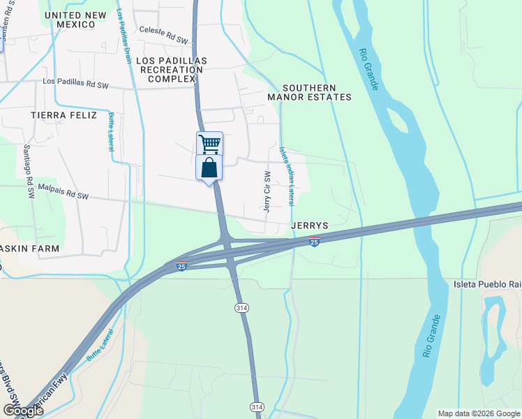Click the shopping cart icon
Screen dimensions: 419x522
point(209,143)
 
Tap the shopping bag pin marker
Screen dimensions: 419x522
point(209,168)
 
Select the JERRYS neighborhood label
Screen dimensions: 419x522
point(310,226)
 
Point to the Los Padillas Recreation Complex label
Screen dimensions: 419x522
point(172,71)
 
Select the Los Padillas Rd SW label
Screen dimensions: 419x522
point(75,82)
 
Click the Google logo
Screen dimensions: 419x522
point(23,410)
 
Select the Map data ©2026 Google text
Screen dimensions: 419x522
point(478,413)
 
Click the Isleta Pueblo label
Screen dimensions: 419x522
point(486,284)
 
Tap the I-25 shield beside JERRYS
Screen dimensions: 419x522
point(315,241)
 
